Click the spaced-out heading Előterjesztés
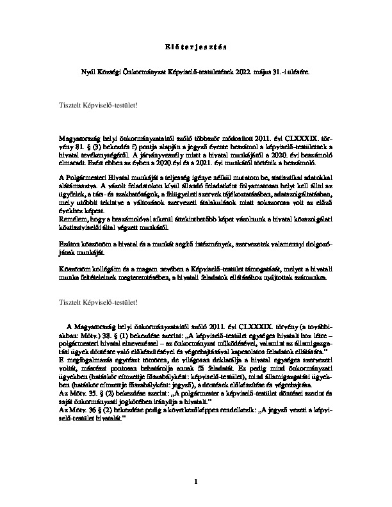195,47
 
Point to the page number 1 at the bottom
196,479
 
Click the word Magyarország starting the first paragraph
79,138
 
